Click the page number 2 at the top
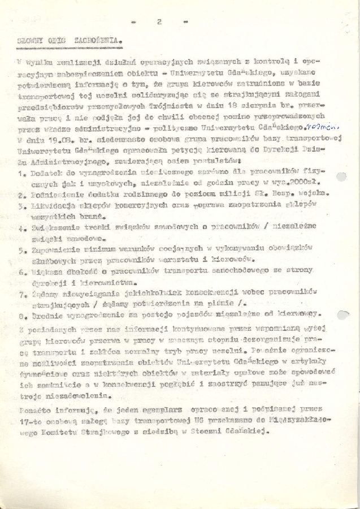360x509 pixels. [159, 21]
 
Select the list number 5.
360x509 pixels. [19, 249]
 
